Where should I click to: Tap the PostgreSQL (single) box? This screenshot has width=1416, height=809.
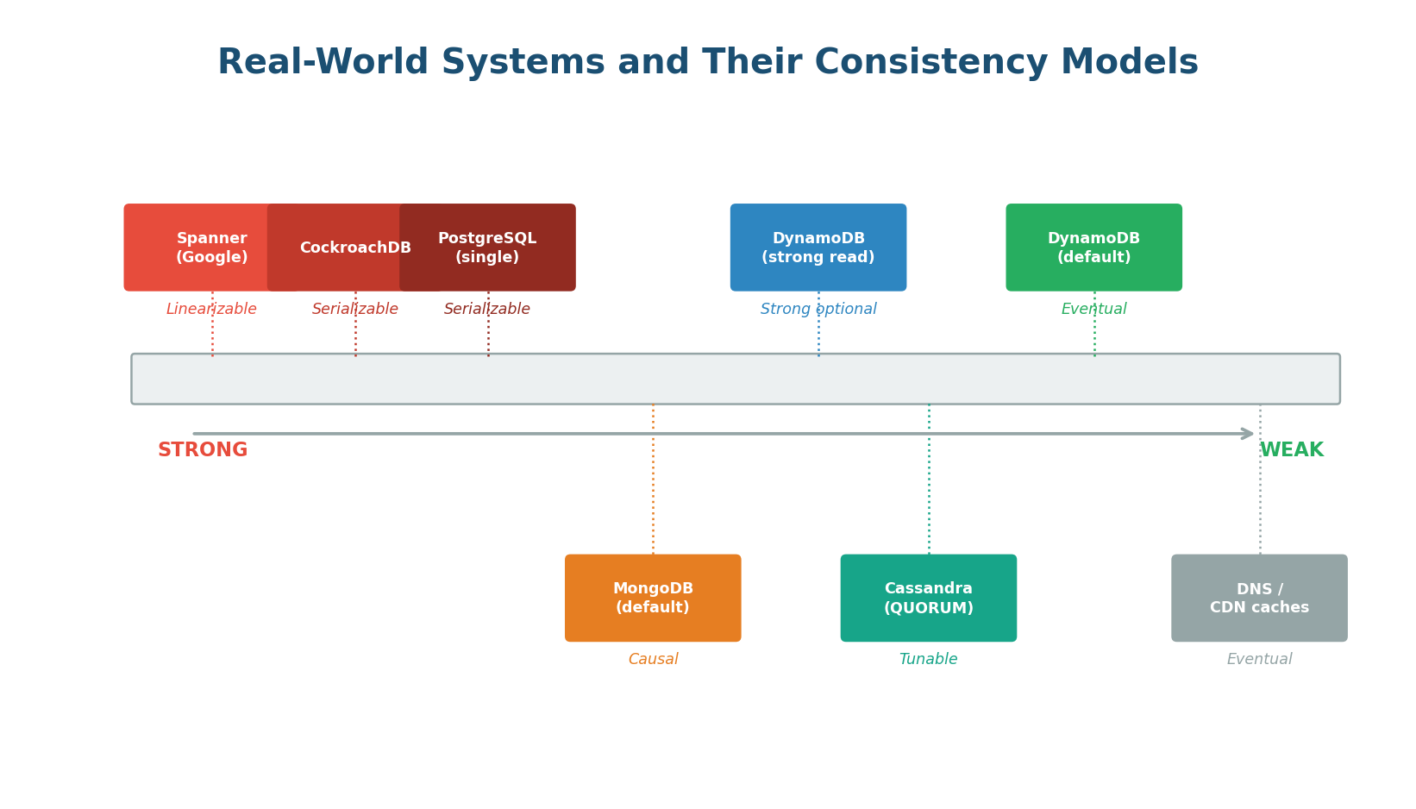(x=488, y=248)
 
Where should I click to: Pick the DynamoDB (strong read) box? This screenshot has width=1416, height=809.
(x=818, y=248)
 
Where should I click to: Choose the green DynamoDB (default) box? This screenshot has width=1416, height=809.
(x=1093, y=248)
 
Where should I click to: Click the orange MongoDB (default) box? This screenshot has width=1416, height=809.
(x=653, y=598)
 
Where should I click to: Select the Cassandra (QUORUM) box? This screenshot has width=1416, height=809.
(x=929, y=598)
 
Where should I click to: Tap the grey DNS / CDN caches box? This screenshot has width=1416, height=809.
(x=1259, y=598)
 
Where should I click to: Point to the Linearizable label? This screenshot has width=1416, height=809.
(x=211, y=310)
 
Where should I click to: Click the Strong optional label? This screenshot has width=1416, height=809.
(x=818, y=310)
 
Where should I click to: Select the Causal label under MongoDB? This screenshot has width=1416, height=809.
(x=653, y=660)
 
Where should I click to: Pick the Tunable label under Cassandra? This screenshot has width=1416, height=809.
(x=929, y=660)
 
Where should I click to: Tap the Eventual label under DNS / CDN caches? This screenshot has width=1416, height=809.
(x=1259, y=660)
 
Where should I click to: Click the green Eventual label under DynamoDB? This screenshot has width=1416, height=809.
(x=1093, y=310)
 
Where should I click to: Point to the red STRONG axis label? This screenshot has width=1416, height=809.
(x=203, y=450)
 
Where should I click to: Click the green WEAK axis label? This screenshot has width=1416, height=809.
(x=1292, y=450)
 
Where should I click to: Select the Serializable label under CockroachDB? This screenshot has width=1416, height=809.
(x=355, y=310)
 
